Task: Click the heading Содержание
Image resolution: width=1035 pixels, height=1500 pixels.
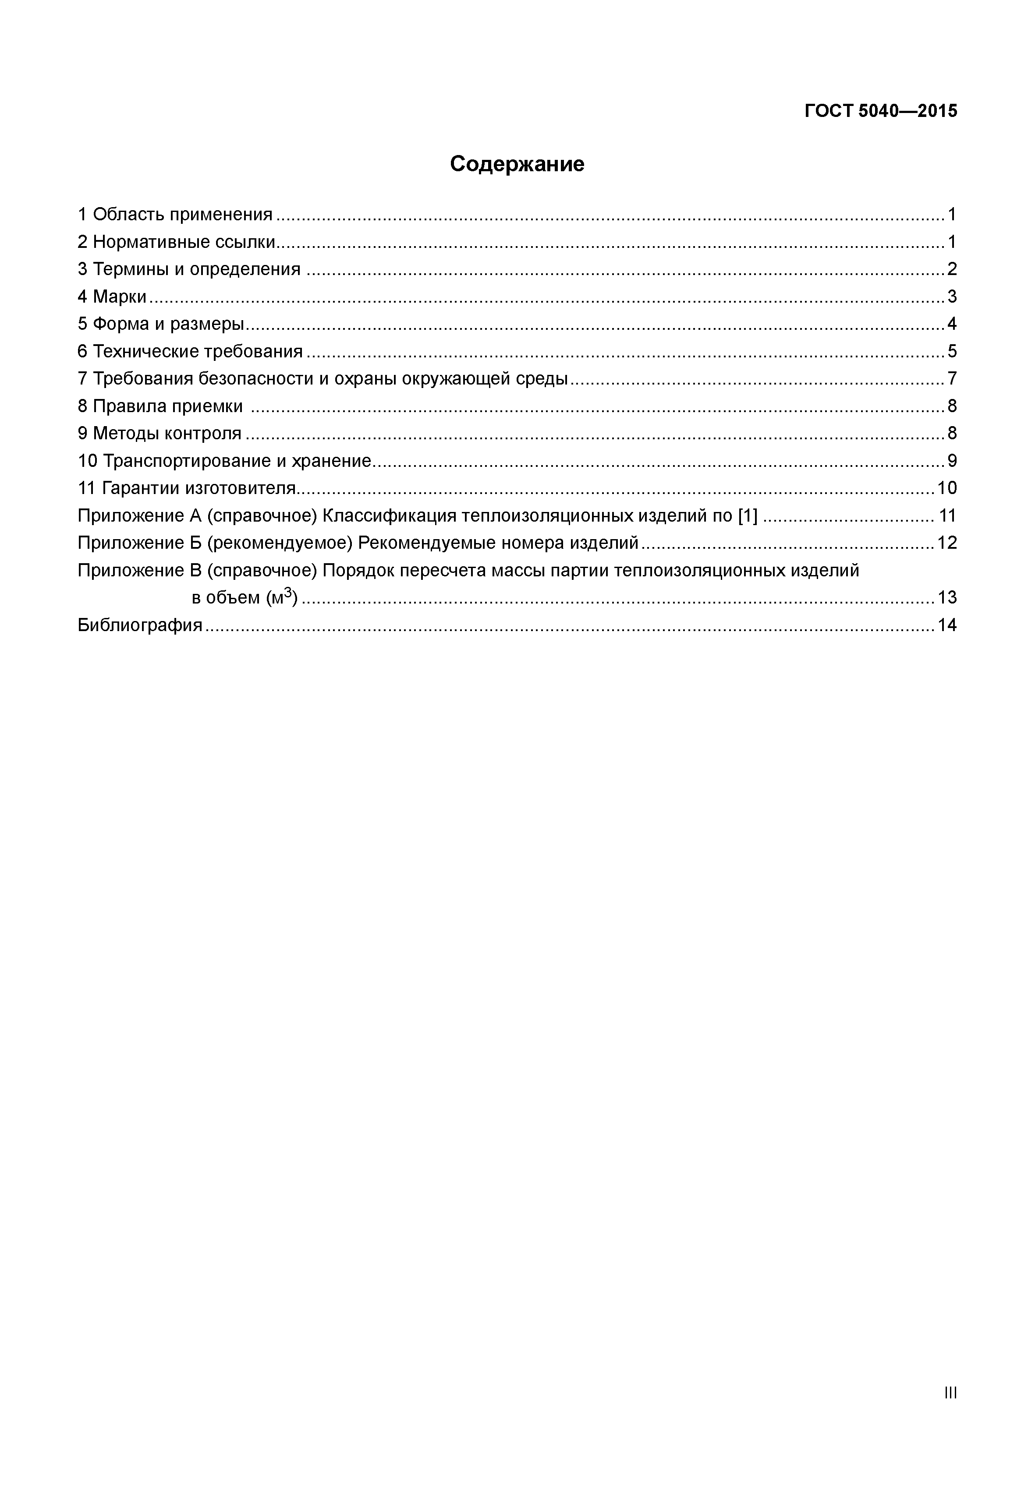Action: pyautogui.click(x=517, y=164)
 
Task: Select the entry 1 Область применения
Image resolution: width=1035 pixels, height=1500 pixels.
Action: pyautogui.click(x=175, y=215)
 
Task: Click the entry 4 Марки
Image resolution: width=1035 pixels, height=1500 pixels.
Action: pyautogui.click(x=112, y=297)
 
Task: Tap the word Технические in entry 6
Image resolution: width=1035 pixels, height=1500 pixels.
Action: pyautogui.click(x=146, y=351)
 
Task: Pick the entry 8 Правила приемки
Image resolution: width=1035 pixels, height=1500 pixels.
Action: pyautogui.click(x=160, y=406)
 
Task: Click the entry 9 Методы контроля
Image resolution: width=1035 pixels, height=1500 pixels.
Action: pyautogui.click(x=160, y=433)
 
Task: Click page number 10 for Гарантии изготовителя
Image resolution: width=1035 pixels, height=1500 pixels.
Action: pyautogui.click(x=947, y=488)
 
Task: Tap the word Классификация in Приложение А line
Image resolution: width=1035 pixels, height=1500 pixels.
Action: pyautogui.click(x=390, y=516)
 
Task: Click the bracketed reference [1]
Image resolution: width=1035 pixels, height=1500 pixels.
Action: pyautogui.click(x=748, y=516)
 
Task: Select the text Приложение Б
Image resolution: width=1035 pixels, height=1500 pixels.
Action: pyautogui.click(x=139, y=543)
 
